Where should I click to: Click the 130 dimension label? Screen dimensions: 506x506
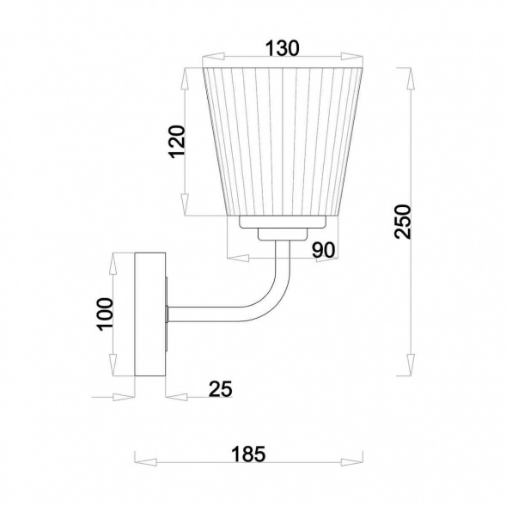point(283,48)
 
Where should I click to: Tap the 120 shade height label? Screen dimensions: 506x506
point(177,142)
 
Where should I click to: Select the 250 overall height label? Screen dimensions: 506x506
point(403,222)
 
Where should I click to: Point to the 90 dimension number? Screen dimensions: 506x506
point(323,250)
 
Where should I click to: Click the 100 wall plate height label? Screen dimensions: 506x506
point(105,314)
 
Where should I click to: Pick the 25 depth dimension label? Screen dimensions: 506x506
point(221,389)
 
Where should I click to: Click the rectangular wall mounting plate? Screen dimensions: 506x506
point(150,314)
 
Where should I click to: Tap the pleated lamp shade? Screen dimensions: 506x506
point(283,141)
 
